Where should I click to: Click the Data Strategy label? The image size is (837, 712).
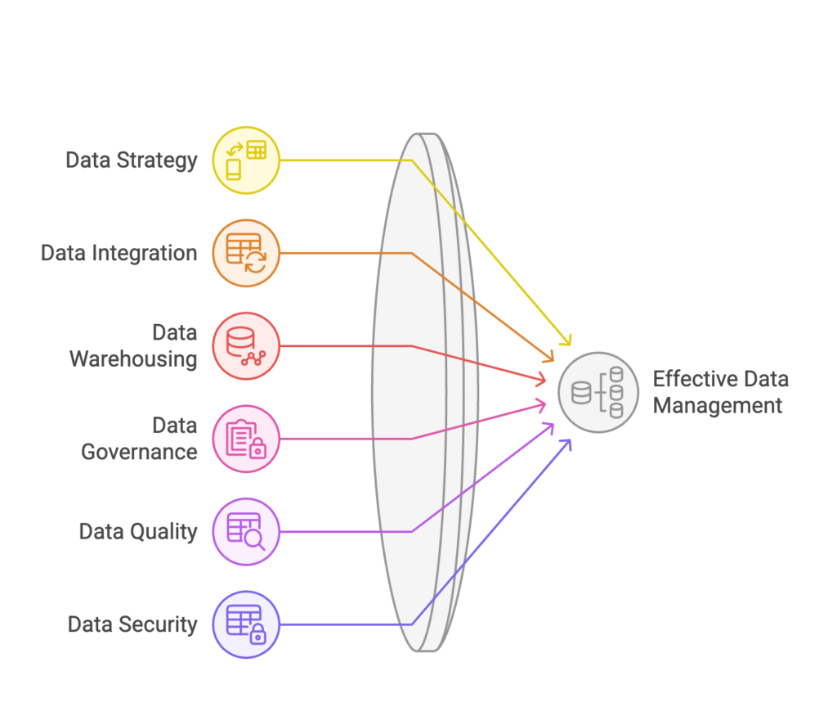(x=132, y=160)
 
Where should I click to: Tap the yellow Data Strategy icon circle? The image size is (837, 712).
(x=246, y=160)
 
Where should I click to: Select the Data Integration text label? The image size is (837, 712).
(x=119, y=254)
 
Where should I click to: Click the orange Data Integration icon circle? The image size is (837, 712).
(x=246, y=254)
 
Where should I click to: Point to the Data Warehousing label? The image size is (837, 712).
(x=133, y=346)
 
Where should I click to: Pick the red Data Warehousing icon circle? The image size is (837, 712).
(x=246, y=346)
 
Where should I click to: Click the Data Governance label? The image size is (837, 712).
(x=139, y=439)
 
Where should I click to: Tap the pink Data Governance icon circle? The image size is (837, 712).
(x=246, y=439)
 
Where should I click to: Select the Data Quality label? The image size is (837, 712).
(x=138, y=532)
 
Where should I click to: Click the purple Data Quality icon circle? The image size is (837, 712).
(x=246, y=532)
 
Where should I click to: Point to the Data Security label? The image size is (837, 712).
(x=132, y=624)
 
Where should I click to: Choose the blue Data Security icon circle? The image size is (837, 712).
(x=246, y=624)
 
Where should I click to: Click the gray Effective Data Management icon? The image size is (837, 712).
(x=598, y=392)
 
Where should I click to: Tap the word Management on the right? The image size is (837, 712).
(x=718, y=406)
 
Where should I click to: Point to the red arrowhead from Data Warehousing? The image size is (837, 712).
(x=540, y=379)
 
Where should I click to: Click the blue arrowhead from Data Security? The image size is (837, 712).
(x=566, y=445)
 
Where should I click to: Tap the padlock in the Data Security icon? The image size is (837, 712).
(x=257, y=634)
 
